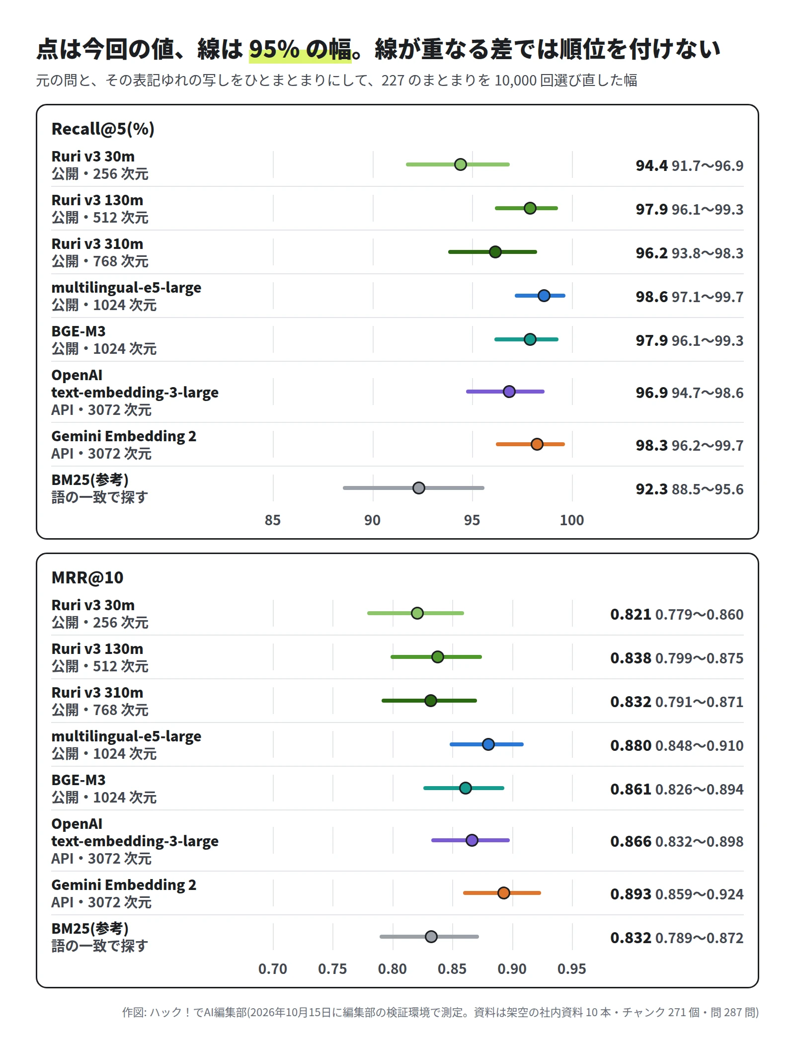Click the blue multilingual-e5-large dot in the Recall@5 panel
click(544, 296)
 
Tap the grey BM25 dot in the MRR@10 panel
click(431, 937)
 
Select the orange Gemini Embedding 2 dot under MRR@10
click(504, 893)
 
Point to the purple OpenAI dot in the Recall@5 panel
click(509, 392)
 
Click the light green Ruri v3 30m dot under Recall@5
click(461, 164)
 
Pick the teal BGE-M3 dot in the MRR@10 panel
click(466, 788)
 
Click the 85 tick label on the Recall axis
click(273, 520)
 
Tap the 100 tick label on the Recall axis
click(572, 520)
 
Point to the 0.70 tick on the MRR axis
click(273, 969)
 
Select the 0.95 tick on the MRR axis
click(572, 969)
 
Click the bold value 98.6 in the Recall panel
click(652, 297)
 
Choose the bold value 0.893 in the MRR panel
click(631, 894)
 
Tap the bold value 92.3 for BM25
click(652, 489)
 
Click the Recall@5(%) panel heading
click(103, 129)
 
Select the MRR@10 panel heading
click(87, 577)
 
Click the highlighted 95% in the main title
click(274, 49)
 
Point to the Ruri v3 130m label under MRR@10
click(97, 649)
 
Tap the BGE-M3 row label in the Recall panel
click(79, 331)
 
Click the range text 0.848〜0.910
click(700, 746)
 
